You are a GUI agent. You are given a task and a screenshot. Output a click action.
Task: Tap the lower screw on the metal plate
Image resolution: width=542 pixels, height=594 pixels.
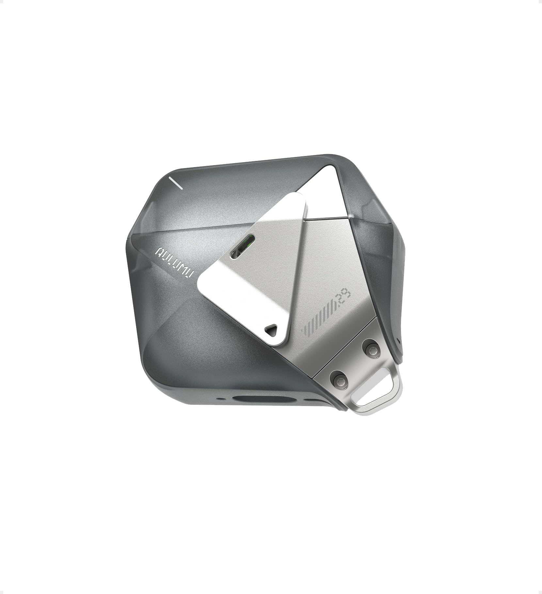(x=337, y=378)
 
